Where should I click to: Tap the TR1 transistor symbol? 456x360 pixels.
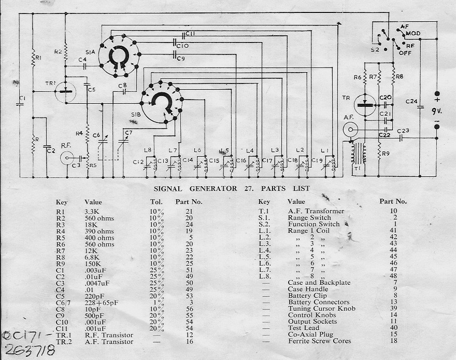pyautogui.click(x=66, y=92)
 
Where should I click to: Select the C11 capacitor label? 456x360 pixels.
pyautogui.click(x=190, y=34)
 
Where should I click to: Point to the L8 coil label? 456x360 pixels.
pyautogui.click(x=149, y=150)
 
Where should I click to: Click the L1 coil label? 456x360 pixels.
pyautogui.click(x=325, y=150)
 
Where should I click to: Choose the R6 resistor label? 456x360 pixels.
pyautogui.click(x=358, y=77)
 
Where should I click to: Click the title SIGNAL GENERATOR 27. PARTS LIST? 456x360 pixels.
pyautogui.click(x=225, y=188)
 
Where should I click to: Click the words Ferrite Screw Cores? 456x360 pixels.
pyautogui.click(x=319, y=341)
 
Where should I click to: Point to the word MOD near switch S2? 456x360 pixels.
pyautogui.click(x=413, y=33)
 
